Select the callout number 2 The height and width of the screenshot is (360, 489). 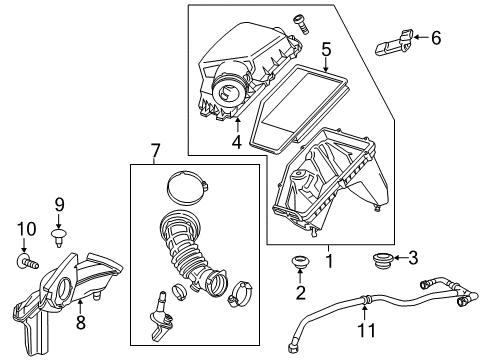(x=296, y=292)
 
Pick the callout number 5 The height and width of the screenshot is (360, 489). (x=326, y=48)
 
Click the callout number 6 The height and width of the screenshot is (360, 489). (x=435, y=39)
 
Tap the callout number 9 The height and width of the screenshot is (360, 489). (x=59, y=204)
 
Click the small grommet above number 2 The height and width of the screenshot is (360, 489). (x=296, y=264)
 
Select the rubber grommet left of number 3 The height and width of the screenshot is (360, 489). (x=380, y=260)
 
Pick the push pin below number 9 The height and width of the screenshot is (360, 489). (x=59, y=236)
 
